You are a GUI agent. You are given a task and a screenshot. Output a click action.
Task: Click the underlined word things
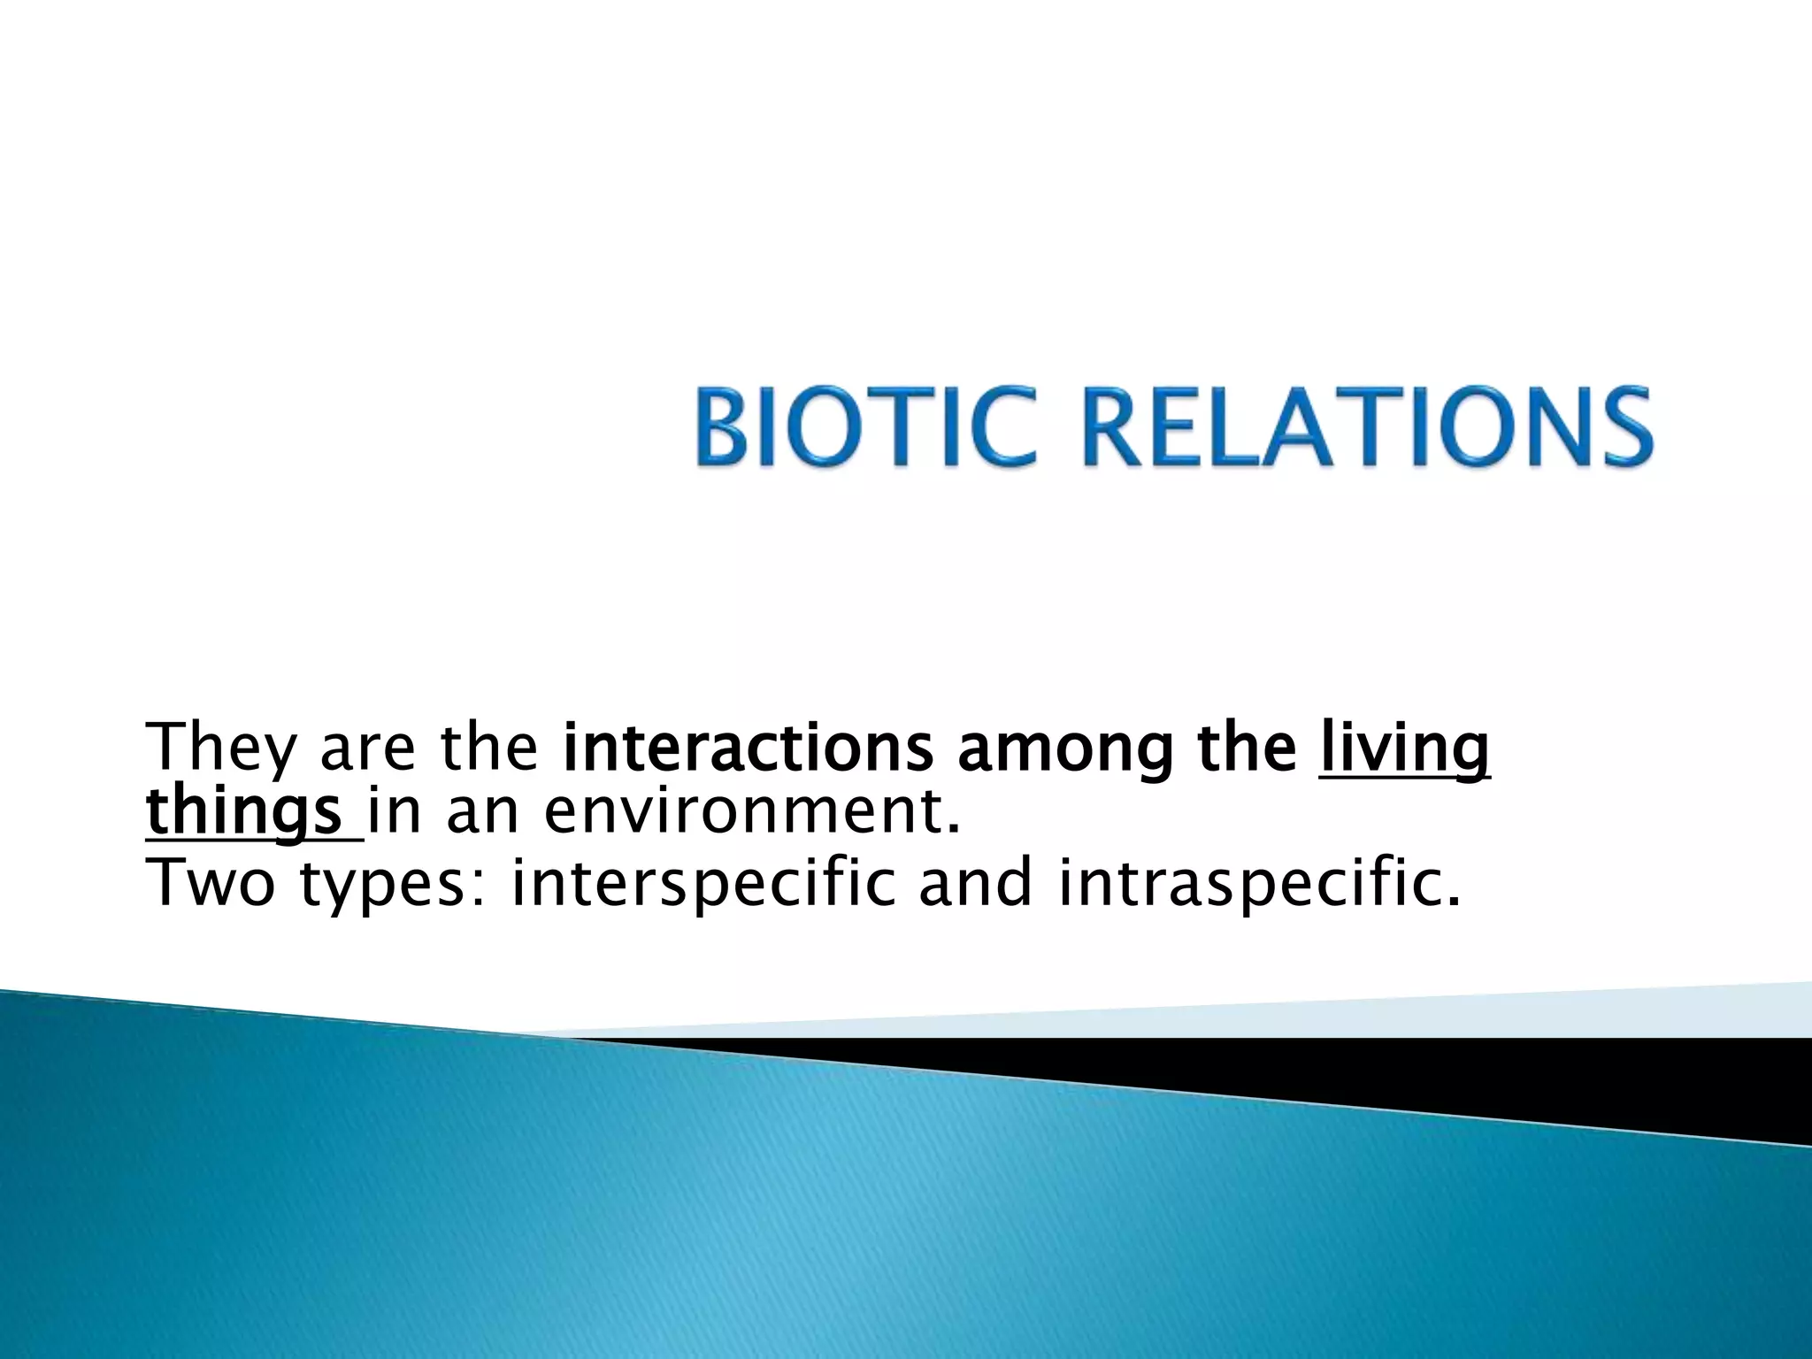tap(244, 814)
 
